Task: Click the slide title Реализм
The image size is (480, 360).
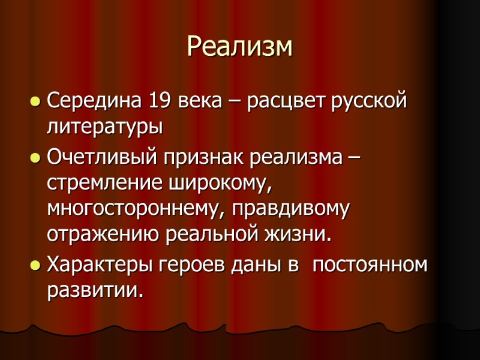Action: click(240, 47)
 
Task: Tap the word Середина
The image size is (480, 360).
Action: click(91, 100)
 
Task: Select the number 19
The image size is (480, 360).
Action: click(158, 100)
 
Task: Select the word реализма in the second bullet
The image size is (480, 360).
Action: click(294, 159)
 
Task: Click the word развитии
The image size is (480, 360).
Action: click(95, 291)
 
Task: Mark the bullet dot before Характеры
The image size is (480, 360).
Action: click(35, 265)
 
